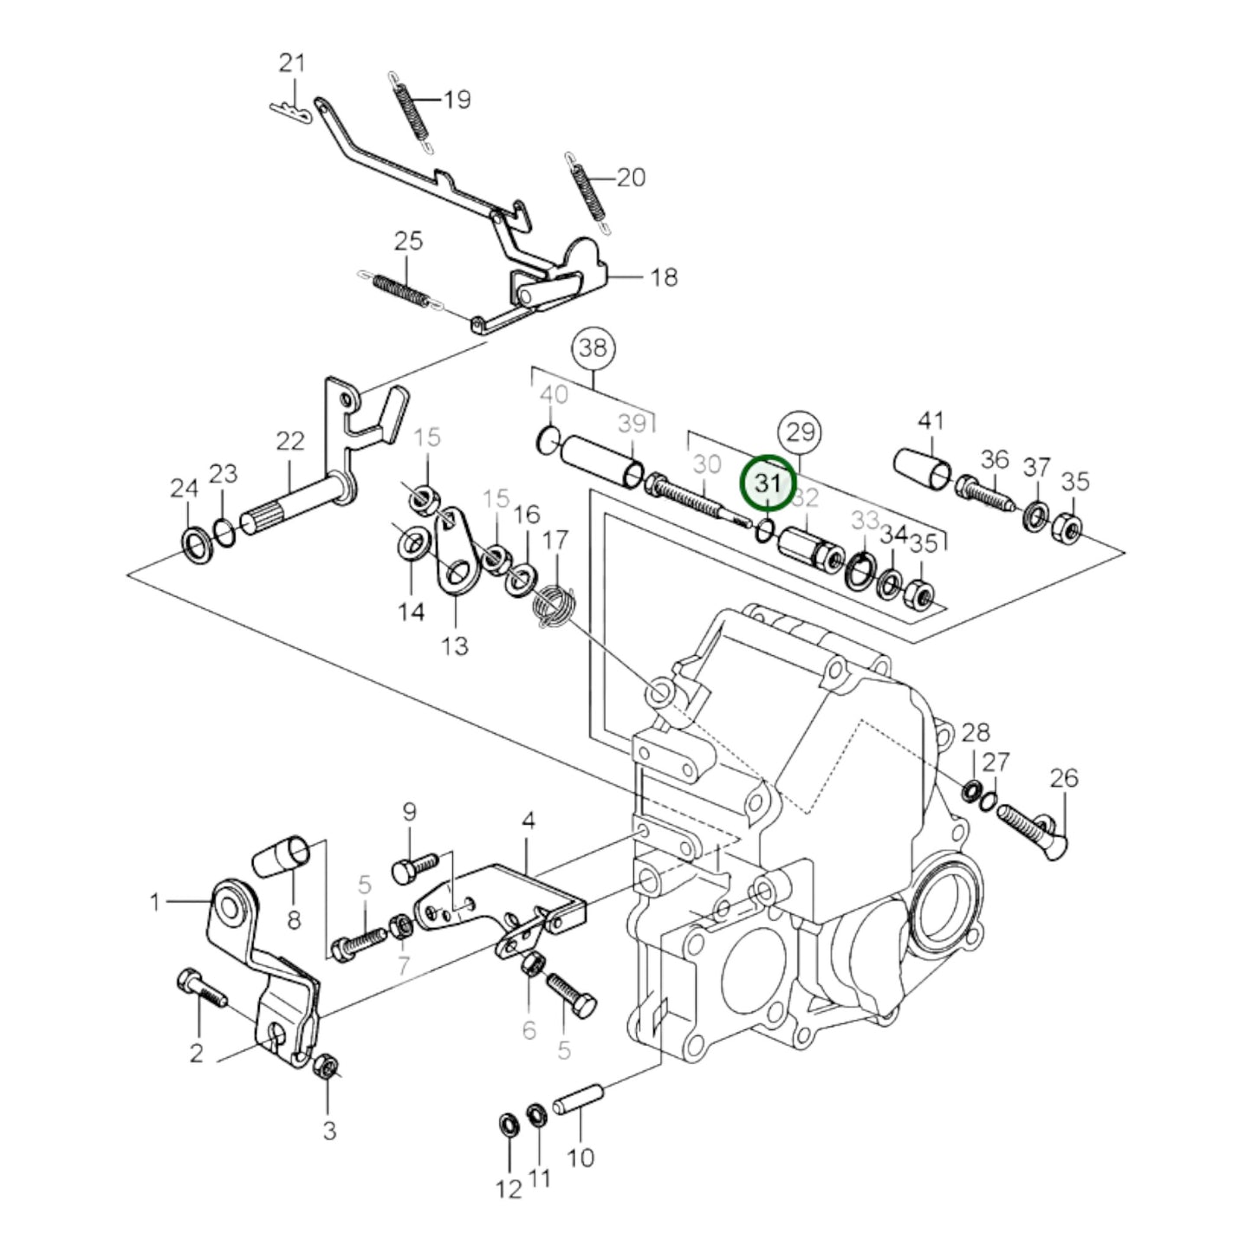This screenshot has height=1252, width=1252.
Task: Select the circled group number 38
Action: click(594, 348)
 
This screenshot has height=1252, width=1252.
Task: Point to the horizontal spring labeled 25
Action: click(401, 290)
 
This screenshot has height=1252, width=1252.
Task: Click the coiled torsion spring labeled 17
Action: click(555, 605)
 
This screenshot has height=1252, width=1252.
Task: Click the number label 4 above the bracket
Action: click(528, 820)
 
